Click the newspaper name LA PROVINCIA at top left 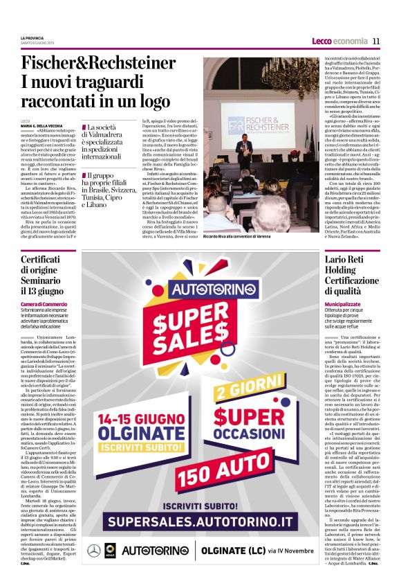click(x=33, y=37)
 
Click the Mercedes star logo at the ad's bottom click(x=93, y=551)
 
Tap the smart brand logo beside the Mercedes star click(x=110, y=551)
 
